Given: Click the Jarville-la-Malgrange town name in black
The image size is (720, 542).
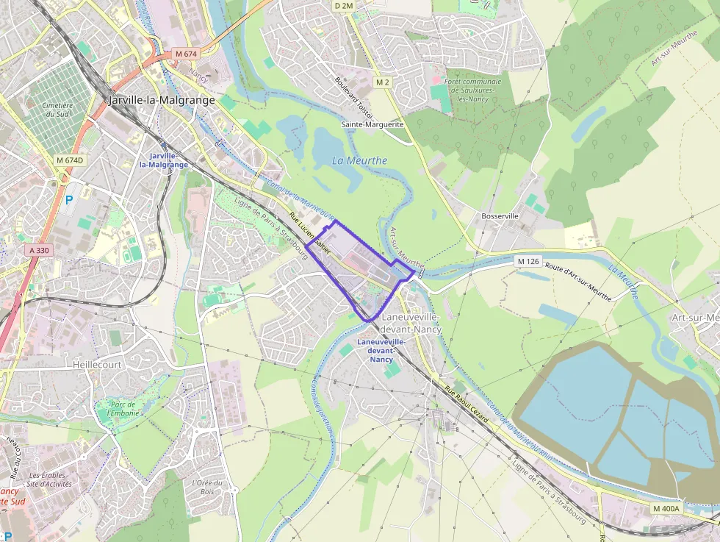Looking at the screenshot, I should tap(162, 100).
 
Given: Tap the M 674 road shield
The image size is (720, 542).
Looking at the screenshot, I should tap(187, 54).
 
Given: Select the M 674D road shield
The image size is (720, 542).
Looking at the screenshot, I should tap(71, 160).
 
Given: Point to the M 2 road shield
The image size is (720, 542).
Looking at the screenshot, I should tap(382, 82).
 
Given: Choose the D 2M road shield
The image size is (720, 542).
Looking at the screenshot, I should tap(344, 6).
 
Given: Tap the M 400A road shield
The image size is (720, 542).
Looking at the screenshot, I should tap(667, 508).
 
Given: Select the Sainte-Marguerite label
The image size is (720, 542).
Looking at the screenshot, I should tap(372, 124).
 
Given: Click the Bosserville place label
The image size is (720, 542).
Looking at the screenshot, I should tap(500, 216).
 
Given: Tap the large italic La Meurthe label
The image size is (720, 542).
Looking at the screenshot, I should tap(359, 160).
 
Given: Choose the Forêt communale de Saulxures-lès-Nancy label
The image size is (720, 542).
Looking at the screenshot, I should tap(473, 90).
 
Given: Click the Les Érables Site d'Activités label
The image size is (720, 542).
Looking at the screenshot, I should tap(48, 479).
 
